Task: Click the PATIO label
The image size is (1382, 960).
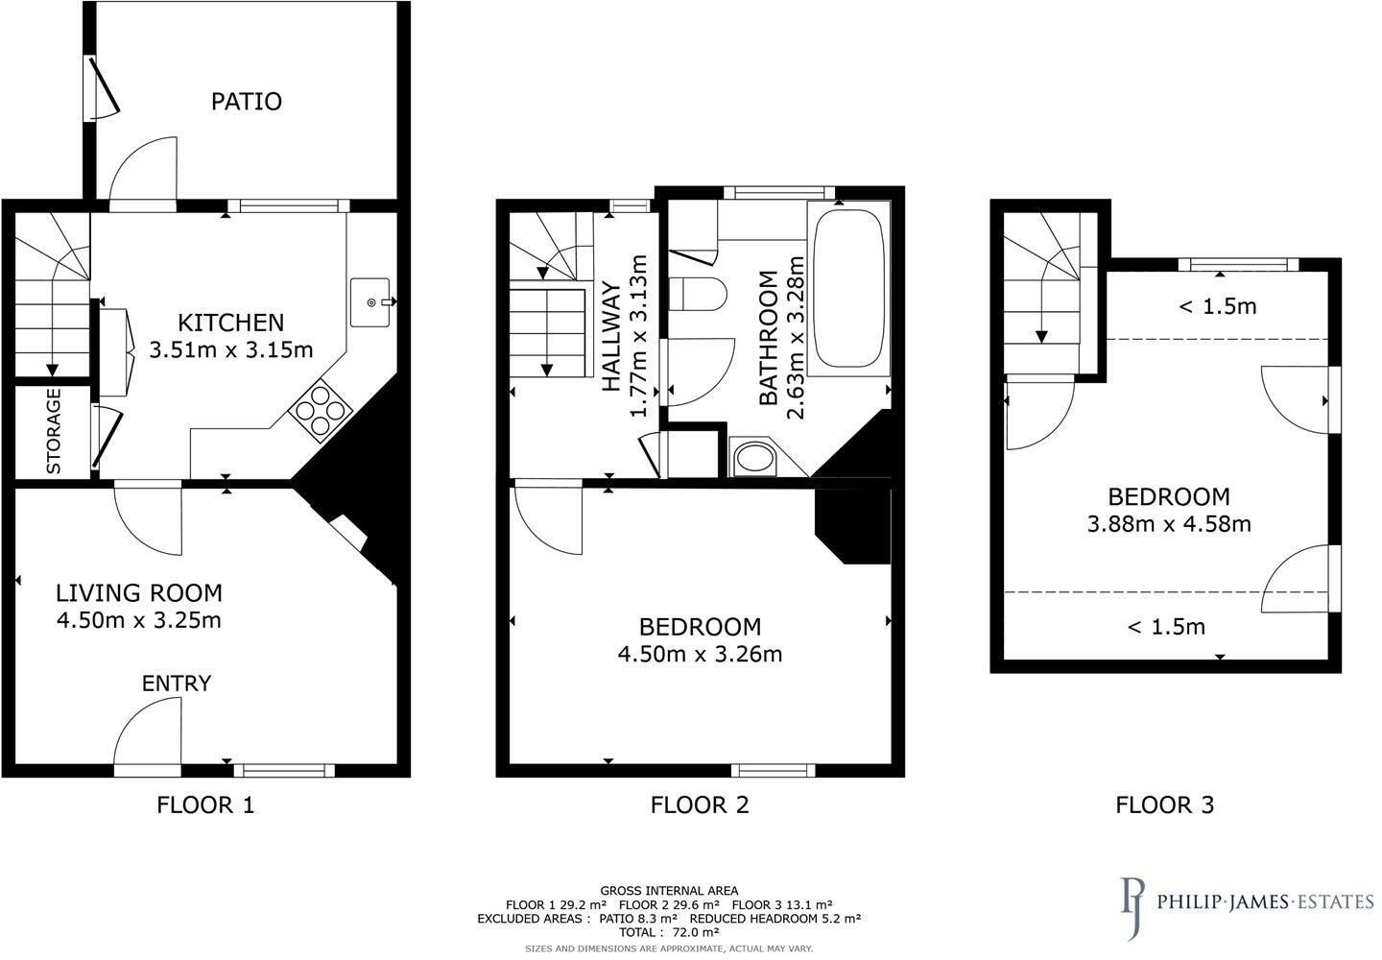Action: point(247,102)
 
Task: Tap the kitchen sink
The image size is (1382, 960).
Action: point(371,302)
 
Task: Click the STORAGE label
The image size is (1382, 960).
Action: point(54,430)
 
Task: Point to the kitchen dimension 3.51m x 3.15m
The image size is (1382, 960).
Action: point(231,349)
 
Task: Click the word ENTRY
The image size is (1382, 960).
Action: point(177,684)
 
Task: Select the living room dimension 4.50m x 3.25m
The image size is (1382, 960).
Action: point(139,620)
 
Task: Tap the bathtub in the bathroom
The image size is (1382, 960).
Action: point(847,288)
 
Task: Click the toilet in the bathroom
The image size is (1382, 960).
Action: point(696,294)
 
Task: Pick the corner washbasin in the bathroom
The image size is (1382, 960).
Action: point(753,458)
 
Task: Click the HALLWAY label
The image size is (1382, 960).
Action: point(610,336)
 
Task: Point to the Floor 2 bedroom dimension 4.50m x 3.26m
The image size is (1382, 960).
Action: point(700,655)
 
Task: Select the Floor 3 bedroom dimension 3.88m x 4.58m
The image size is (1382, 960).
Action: point(1168,524)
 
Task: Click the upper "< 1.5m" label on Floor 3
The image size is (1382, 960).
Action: point(1217,307)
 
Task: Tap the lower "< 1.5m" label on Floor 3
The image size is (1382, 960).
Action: point(1166,628)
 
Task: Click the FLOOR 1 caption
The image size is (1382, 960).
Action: point(205,804)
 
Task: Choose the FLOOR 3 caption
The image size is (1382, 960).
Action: point(1164,804)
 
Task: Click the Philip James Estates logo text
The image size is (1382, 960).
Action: point(1265,902)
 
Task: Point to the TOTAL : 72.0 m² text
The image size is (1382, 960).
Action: point(669,932)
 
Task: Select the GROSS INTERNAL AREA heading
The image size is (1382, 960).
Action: point(669,891)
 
